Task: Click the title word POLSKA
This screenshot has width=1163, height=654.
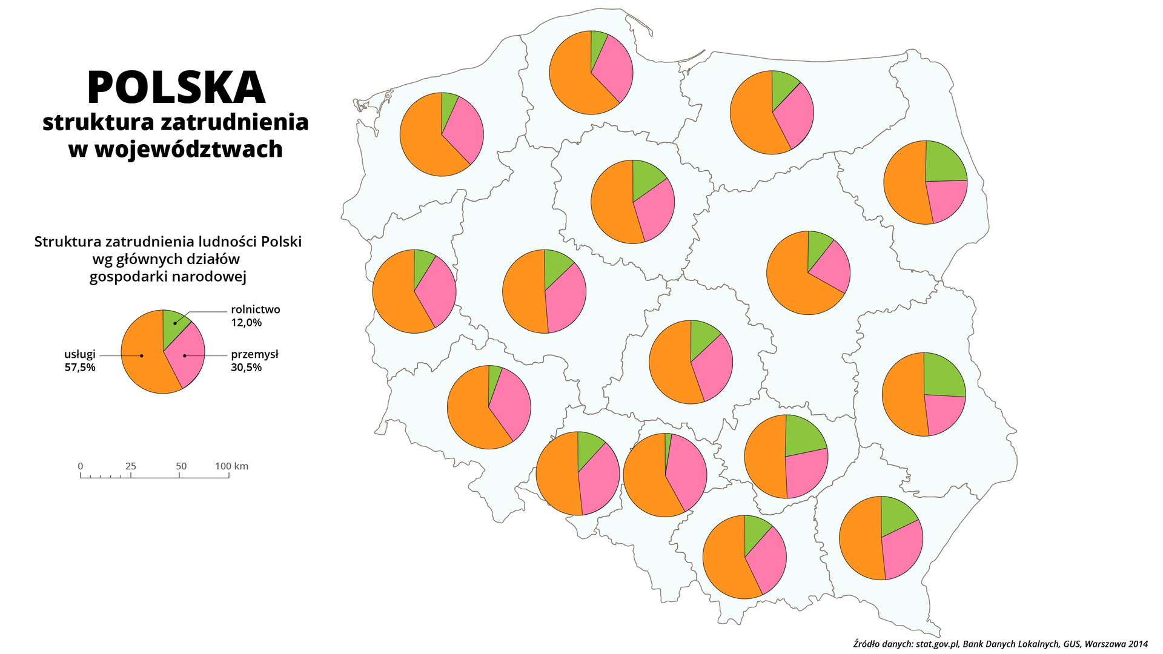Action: (x=176, y=88)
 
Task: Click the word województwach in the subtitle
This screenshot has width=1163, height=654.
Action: (x=188, y=149)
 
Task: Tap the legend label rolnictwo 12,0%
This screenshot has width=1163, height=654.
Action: (x=255, y=315)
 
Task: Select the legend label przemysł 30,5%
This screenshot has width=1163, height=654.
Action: (x=254, y=360)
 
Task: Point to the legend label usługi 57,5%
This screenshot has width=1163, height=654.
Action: (x=80, y=360)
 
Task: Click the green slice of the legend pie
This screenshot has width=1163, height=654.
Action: (x=173, y=324)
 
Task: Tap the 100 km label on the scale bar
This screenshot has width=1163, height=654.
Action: (x=231, y=466)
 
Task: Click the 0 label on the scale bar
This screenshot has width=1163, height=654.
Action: (x=81, y=466)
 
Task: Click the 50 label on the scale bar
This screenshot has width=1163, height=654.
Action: (x=181, y=466)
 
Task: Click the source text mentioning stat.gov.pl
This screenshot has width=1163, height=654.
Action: (x=1000, y=644)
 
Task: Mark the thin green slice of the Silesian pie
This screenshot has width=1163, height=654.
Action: (x=668, y=448)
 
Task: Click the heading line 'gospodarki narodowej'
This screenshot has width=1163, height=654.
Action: (x=168, y=277)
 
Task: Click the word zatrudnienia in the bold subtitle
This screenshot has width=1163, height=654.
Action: (x=242, y=122)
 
